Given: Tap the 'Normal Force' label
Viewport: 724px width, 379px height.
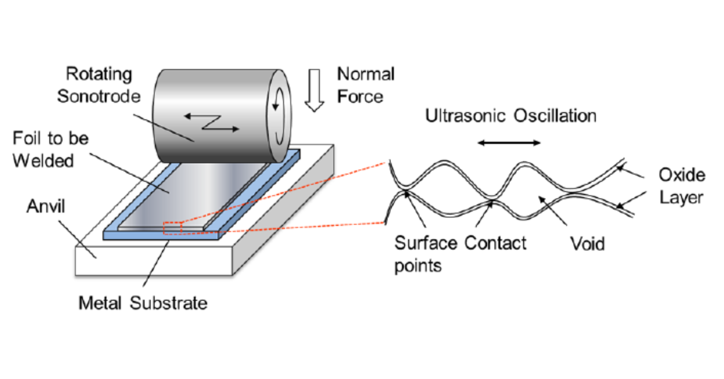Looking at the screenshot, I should pos(366,85).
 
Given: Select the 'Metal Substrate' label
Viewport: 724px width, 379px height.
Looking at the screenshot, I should pos(142,302).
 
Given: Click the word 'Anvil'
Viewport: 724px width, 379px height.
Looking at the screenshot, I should pos(46,207).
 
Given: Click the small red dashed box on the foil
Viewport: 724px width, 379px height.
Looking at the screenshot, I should pos(172,229).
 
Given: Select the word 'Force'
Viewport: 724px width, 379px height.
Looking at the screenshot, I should pos(360,96).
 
